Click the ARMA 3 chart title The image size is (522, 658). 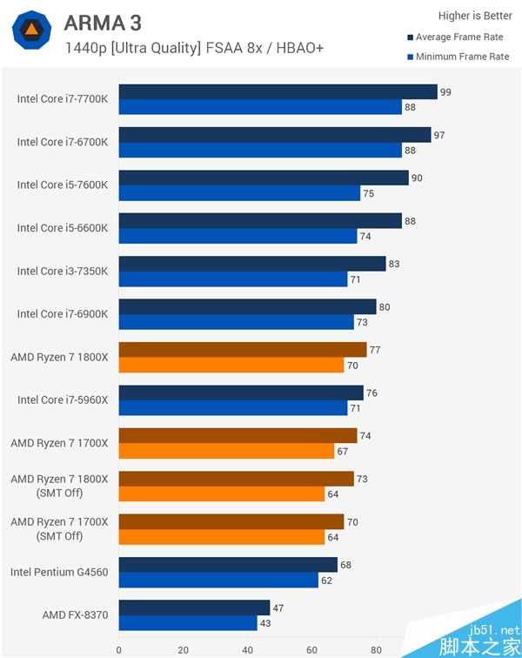pyautogui.click(x=103, y=23)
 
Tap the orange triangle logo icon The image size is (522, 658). pyautogui.click(x=30, y=31)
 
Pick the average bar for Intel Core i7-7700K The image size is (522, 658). pyautogui.click(x=278, y=92)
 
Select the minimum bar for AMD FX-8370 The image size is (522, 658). pyautogui.click(x=188, y=623)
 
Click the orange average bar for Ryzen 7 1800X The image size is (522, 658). pyautogui.click(x=243, y=350)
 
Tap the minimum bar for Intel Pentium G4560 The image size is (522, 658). pyautogui.click(x=217, y=581)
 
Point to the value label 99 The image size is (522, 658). pyautogui.click(x=445, y=92)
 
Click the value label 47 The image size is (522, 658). pyautogui.click(x=278, y=608)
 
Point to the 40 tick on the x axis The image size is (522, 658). pyautogui.click(x=248, y=649)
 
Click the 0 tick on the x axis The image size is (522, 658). pyautogui.click(x=119, y=649)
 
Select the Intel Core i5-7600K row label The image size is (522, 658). pyautogui.click(x=63, y=185)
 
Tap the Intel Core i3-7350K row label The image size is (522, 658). pyautogui.click(x=63, y=271)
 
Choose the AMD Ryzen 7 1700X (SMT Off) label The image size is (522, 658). pyautogui.click(x=59, y=528)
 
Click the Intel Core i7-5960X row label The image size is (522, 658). pyautogui.click(x=63, y=400)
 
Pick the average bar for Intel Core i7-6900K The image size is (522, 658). pyautogui.click(x=247, y=306)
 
